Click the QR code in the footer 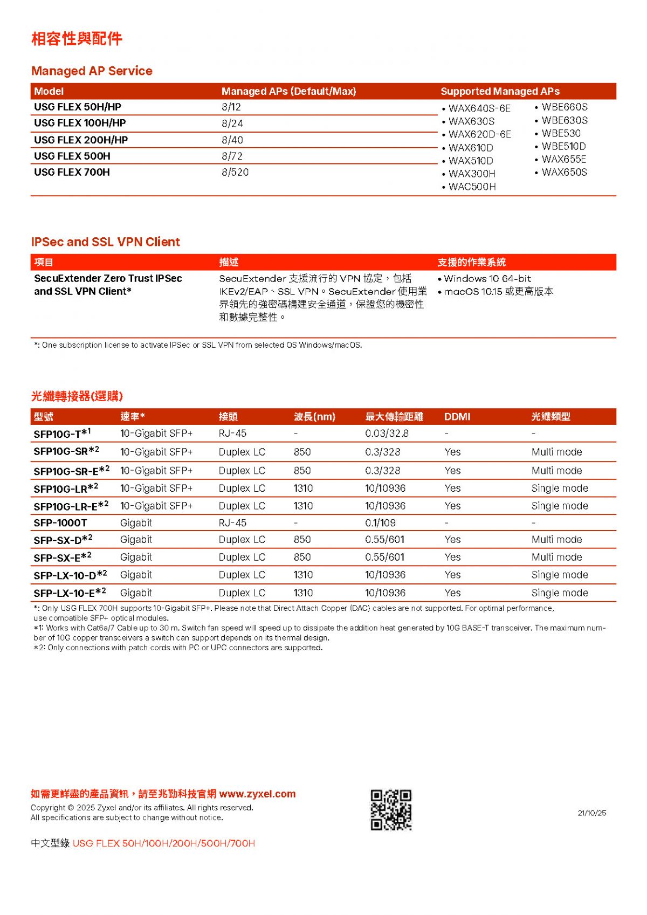(x=391, y=810)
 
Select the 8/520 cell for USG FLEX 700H (x=235, y=173)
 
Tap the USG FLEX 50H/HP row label (x=78, y=107)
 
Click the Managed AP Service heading (x=92, y=71)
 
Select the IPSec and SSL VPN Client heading (x=106, y=242)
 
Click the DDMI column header (x=457, y=417)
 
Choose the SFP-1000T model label (x=60, y=523)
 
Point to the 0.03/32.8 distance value (x=387, y=434)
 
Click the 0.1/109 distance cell (x=380, y=523)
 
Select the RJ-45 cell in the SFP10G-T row (x=232, y=434)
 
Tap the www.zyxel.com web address (x=258, y=794)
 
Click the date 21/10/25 (x=591, y=813)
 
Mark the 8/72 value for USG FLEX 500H (x=232, y=156)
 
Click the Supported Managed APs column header (x=500, y=92)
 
